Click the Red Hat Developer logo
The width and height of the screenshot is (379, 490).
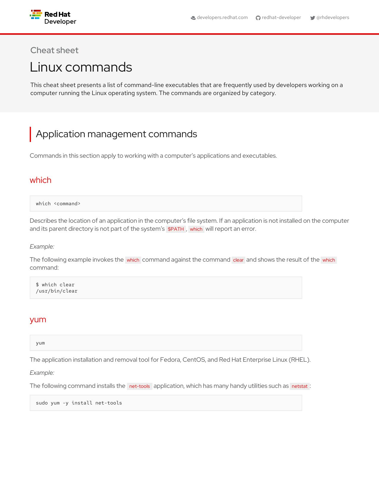(x=53, y=18)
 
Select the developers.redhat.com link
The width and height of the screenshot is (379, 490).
(x=222, y=18)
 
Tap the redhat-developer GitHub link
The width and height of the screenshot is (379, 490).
(x=281, y=18)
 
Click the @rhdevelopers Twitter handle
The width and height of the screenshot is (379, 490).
(x=333, y=18)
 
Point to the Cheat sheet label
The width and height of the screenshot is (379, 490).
(x=54, y=50)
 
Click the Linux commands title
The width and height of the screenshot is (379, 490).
(x=81, y=67)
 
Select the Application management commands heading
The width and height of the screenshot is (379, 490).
(x=116, y=134)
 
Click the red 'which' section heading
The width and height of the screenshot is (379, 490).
(x=40, y=180)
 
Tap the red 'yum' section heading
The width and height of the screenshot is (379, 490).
(x=38, y=319)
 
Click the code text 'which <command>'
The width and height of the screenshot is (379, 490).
(x=58, y=203)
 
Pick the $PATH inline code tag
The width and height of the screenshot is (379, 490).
(x=176, y=229)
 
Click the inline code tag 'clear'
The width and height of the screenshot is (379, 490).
(x=238, y=260)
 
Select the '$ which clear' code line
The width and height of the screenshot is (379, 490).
(x=55, y=284)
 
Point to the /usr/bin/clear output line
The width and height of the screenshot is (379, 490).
(x=56, y=291)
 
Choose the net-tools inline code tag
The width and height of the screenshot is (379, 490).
(x=139, y=386)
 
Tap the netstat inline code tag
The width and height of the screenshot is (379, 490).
(x=299, y=386)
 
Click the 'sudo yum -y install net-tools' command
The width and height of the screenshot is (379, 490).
(x=79, y=403)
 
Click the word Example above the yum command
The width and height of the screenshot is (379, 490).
(x=42, y=373)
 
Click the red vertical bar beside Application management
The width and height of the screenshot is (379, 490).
(x=30, y=134)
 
